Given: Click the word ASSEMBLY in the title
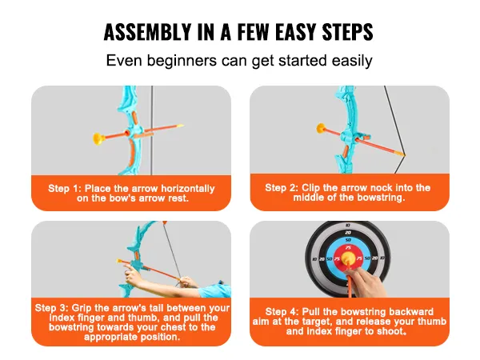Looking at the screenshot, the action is (x=147, y=32).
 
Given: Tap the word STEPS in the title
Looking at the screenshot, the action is (x=347, y=32).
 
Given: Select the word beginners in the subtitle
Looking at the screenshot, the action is (x=182, y=61).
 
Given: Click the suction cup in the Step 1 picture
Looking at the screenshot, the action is (x=99, y=138).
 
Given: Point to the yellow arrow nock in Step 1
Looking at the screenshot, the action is (x=180, y=126).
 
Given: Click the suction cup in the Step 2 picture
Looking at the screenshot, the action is (x=322, y=129).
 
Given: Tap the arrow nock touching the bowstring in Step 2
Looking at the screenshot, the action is (x=401, y=154).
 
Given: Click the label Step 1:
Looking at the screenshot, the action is (x=65, y=188).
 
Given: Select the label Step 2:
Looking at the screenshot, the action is (x=282, y=187).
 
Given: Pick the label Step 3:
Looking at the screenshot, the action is (x=52, y=308).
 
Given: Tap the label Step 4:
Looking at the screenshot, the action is (x=282, y=312).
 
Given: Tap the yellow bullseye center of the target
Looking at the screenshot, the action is (x=348, y=258).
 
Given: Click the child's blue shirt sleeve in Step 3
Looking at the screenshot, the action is (x=215, y=291).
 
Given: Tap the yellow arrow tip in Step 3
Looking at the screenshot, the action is (x=120, y=261).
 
